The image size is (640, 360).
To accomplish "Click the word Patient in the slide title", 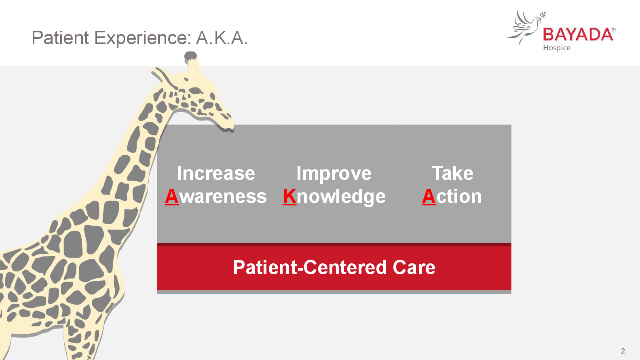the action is [x=60, y=38].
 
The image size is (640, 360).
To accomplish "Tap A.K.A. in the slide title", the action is [x=222, y=38].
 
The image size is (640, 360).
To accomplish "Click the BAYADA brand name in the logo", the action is [x=578, y=35].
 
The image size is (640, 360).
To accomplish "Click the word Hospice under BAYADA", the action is [x=557, y=48].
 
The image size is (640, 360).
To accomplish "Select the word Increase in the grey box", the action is [x=216, y=173].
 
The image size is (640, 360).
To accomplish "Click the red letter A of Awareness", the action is [x=172, y=197].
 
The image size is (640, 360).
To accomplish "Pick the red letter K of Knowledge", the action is [x=289, y=197].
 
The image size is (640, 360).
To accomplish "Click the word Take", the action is [x=452, y=173].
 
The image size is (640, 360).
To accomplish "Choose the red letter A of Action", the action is [x=429, y=197].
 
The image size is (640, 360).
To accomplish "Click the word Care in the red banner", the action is [x=414, y=268].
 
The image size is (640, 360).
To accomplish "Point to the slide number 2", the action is [x=623, y=351].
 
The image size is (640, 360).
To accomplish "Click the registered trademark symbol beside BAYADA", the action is [x=614, y=30].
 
